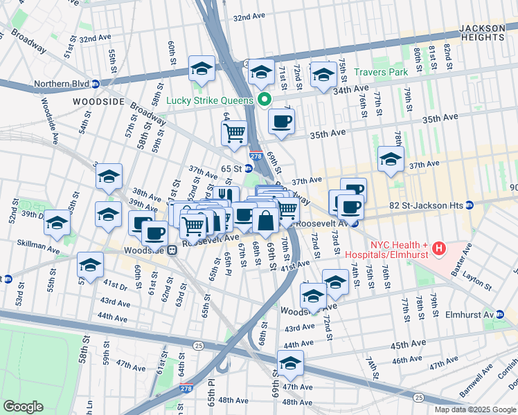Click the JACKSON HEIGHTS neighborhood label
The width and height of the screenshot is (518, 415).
482,33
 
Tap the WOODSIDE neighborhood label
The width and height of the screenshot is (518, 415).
98,102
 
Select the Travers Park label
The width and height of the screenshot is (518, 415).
381,72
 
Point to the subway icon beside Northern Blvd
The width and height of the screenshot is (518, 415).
96,84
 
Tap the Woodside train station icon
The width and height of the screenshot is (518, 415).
172,250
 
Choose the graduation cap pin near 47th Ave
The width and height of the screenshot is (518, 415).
290,362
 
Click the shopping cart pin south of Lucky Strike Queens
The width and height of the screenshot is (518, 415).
235,131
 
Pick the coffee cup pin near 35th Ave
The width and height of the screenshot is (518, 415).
280,122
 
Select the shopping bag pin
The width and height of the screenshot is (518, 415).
265,221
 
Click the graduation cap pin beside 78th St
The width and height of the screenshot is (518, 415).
391,158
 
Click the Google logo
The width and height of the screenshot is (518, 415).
23,407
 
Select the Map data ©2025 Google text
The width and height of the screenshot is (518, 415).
474,409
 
